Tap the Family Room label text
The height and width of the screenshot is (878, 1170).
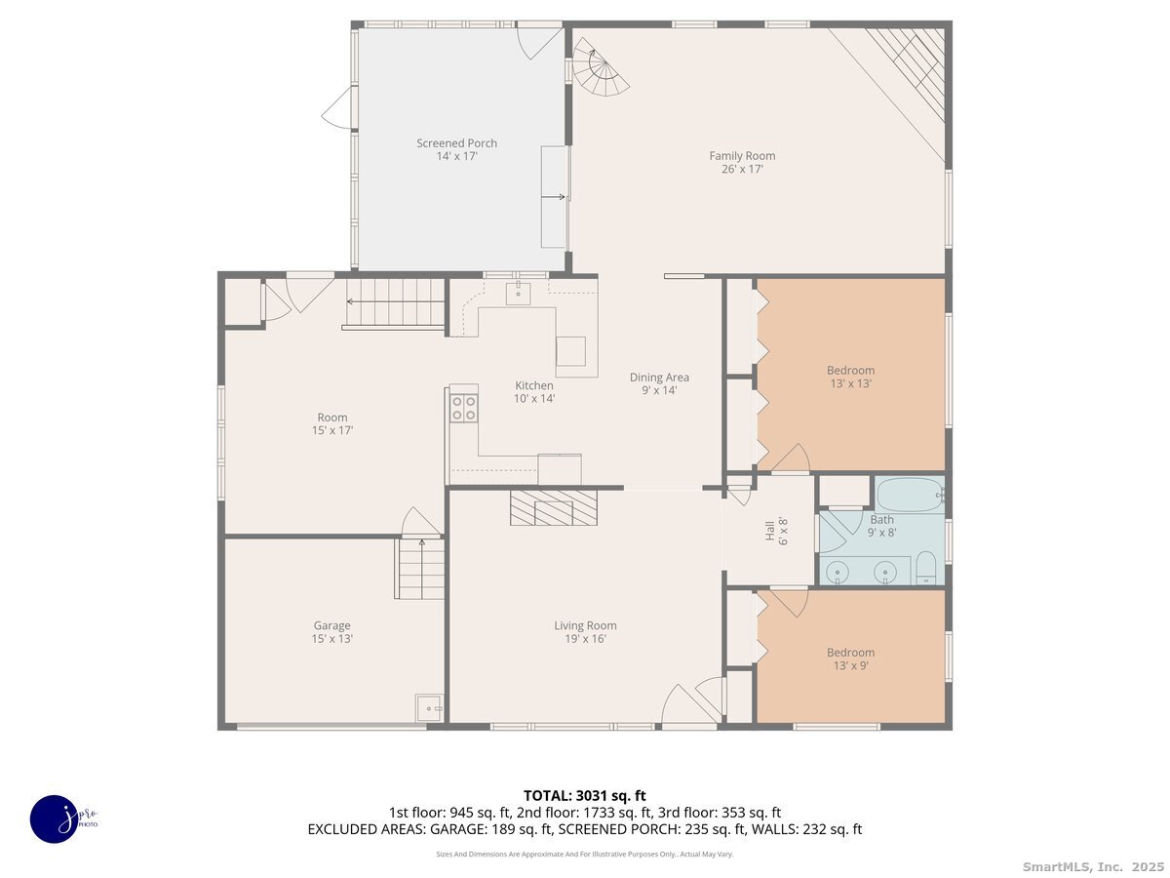click(741, 156)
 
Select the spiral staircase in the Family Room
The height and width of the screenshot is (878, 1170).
click(602, 66)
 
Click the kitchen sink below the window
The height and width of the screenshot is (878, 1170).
click(518, 294)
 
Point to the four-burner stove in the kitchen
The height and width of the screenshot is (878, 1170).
click(463, 408)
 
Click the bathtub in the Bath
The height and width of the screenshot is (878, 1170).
click(910, 496)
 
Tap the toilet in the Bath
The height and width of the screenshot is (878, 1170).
click(926, 569)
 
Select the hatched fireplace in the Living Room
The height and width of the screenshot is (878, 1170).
click(553, 507)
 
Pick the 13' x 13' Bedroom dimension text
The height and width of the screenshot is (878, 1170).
click(851, 383)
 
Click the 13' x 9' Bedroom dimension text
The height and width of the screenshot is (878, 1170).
click(851, 665)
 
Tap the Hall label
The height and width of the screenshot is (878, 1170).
click(769, 531)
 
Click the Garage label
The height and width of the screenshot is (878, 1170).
click(331, 625)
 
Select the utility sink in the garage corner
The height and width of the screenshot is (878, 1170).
click(429, 708)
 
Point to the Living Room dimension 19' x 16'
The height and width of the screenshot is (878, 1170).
click(585, 639)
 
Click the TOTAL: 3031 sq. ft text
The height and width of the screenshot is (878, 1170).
click(585, 795)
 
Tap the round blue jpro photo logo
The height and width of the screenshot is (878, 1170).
click(55, 819)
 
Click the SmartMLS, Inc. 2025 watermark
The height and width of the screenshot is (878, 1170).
click(1093, 867)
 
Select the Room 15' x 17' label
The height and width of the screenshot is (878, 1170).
click(332, 423)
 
